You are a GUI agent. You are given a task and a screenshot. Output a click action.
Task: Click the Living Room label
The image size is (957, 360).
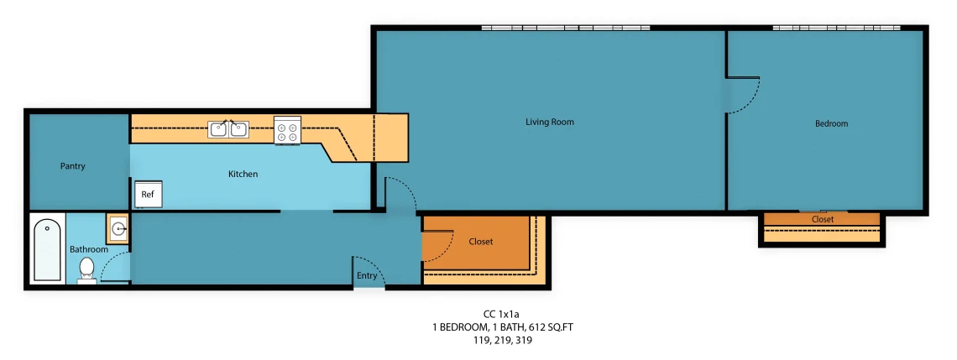pyautogui.click(x=549, y=122)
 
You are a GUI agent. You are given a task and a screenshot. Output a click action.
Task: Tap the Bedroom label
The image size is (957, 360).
pyautogui.click(x=831, y=123)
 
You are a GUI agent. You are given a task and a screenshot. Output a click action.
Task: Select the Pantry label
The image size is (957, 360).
pyautogui.click(x=73, y=166)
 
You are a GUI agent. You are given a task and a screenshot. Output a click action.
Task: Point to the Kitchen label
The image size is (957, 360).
pyautogui.click(x=243, y=174)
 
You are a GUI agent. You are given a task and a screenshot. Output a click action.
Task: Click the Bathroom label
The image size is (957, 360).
pyautogui.click(x=88, y=249)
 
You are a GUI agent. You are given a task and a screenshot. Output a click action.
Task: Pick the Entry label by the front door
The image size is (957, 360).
pyautogui.click(x=367, y=276)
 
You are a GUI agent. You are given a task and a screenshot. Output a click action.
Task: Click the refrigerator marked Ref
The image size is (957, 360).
pyautogui.click(x=149, y=194)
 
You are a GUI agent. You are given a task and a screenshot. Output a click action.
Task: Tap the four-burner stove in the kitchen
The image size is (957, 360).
pyautogui.click(x=287, y=130)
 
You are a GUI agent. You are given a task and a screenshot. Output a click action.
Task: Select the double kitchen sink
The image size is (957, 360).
pyautogui.click(x=228, y=129)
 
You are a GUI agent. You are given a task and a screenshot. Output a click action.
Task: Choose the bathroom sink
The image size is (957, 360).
pyautogui.click(x=118, y=229)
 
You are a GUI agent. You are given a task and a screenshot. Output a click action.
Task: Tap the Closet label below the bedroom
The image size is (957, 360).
pyautogui.click(x=822, y=219)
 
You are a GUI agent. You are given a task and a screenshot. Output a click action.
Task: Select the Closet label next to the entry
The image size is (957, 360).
pyautogui.click(x=480, y=242)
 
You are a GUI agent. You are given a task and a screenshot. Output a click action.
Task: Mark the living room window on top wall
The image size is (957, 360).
pyautogui.click(x=566, y=28)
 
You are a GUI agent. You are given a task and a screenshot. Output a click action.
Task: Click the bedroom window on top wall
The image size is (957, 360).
pyautogui.click(x=837, y=28)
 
